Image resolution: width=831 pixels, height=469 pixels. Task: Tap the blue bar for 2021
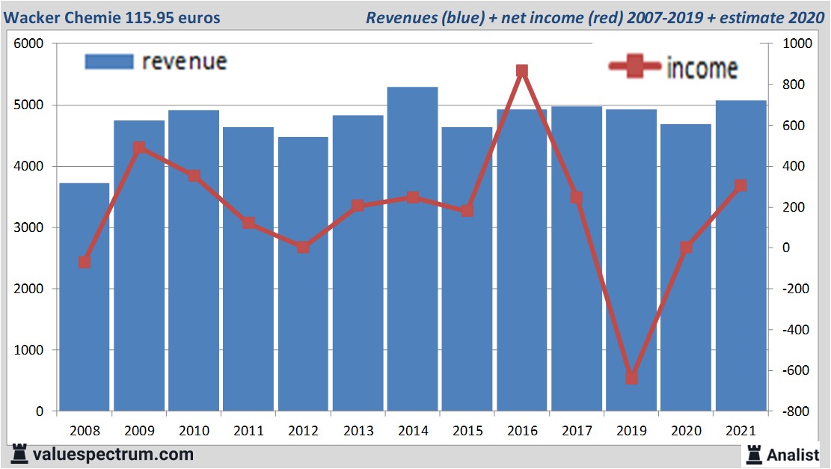click(740, 255)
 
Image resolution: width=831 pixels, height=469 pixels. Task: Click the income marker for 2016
click(522, 72)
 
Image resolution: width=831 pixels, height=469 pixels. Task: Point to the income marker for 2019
click(631, 378)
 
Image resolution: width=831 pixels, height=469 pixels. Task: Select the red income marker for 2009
click(139, 148)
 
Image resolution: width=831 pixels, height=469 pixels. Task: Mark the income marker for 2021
click(740, 186)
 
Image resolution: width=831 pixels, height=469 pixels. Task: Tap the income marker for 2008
click(85, 262)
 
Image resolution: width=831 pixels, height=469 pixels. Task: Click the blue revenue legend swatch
click(109, 61)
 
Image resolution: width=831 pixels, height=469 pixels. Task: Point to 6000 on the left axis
click(29, 44)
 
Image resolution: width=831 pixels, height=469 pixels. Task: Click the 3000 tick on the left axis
click(29, 227)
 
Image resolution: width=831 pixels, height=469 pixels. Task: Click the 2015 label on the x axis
click(467, 431)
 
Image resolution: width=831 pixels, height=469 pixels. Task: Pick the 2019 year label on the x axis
click(631, 431)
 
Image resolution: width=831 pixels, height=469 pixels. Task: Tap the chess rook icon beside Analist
click(753, 453)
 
